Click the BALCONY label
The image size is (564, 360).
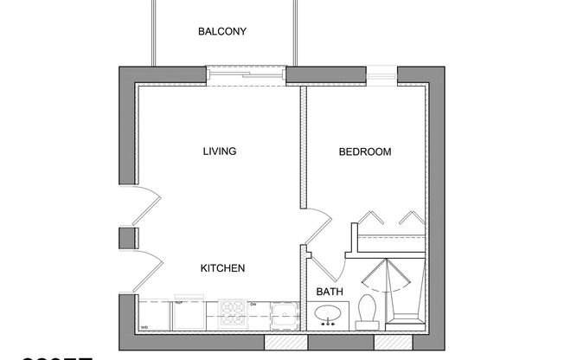222,32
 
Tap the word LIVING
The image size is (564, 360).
219,151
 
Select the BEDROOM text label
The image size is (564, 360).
364,151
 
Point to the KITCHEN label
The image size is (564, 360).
222,268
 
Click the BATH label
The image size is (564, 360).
329,292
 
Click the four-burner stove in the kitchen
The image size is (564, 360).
234,312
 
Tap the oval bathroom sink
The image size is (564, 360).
328,315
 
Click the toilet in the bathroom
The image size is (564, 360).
367,312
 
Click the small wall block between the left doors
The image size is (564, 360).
127,238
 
